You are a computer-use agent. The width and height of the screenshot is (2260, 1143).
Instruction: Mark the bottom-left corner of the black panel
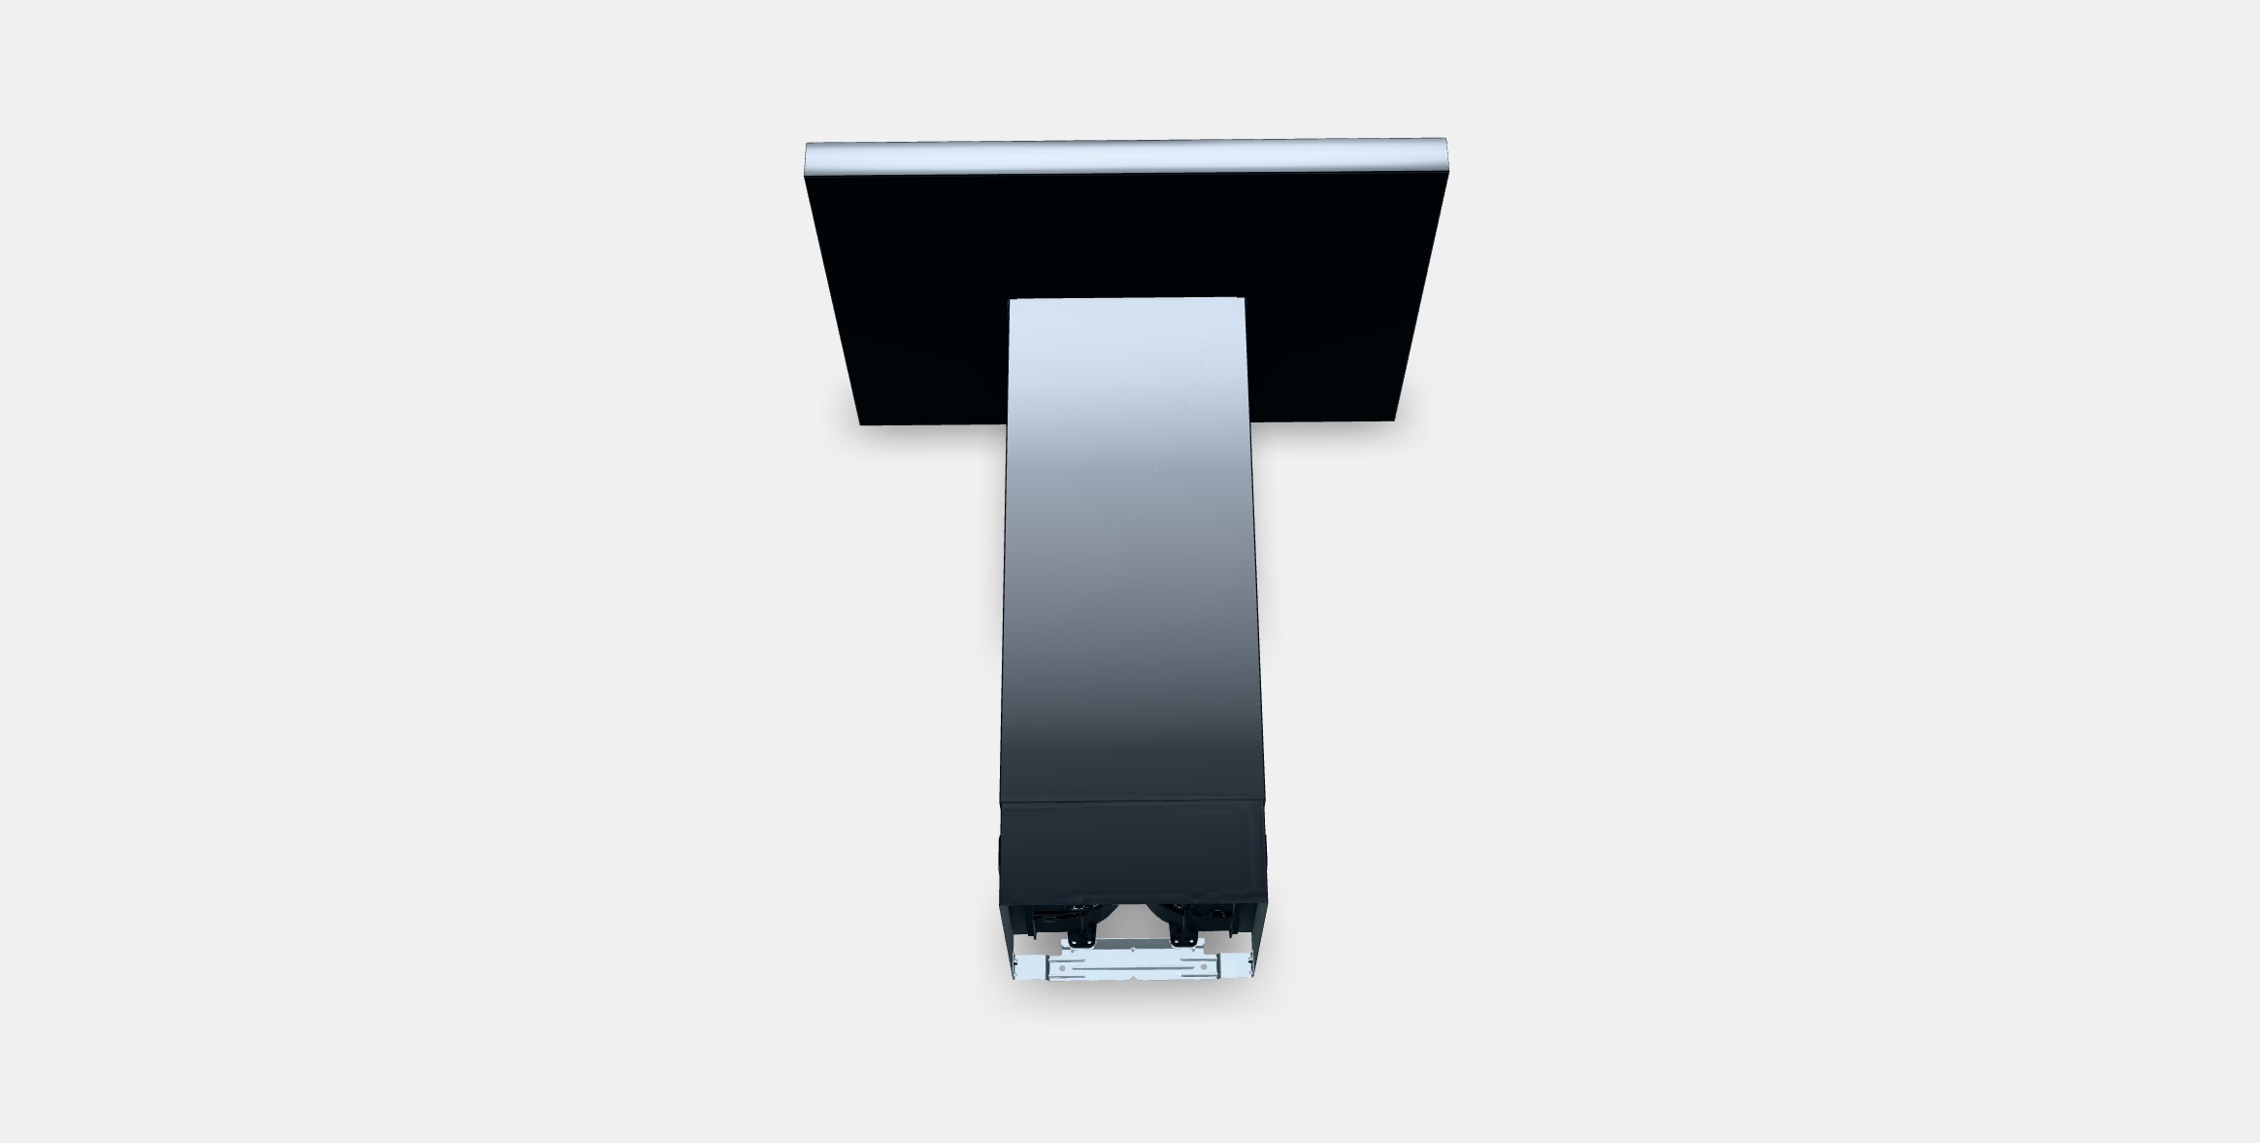coord(860,423)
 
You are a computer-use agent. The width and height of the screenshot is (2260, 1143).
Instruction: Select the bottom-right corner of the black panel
coord(1394,420)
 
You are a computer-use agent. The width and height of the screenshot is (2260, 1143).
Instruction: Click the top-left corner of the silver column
coord(1012,301)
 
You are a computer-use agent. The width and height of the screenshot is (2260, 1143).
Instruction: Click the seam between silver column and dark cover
coord(1132,802)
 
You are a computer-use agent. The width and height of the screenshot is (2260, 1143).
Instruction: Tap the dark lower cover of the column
coord(1132,851)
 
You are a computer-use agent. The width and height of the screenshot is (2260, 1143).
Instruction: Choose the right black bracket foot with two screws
coord(1185,939)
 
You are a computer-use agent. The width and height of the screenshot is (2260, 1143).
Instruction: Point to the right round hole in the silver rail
coord(1205,966)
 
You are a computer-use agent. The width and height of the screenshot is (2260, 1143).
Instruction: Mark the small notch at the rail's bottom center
coord(1132,978)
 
